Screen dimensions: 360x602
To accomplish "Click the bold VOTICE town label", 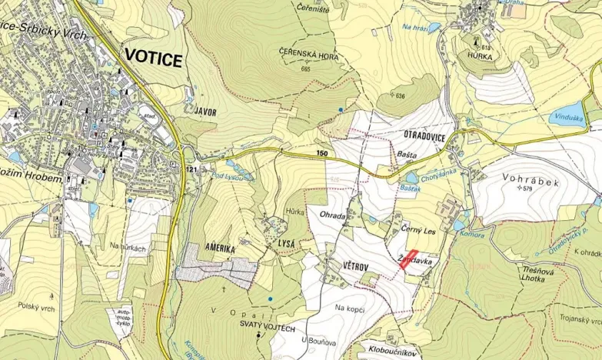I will coord(153,59).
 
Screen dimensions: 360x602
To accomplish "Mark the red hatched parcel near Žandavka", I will coord(409,258).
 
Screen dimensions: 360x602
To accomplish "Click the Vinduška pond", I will coord(567,116).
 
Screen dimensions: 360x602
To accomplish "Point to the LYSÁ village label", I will coord(287,242).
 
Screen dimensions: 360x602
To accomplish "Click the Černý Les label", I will coord(418,229).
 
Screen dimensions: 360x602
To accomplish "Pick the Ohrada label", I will coord(333,215).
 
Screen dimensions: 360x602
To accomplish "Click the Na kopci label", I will coord(349,308).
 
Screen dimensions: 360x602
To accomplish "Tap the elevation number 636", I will coord(399,96).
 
